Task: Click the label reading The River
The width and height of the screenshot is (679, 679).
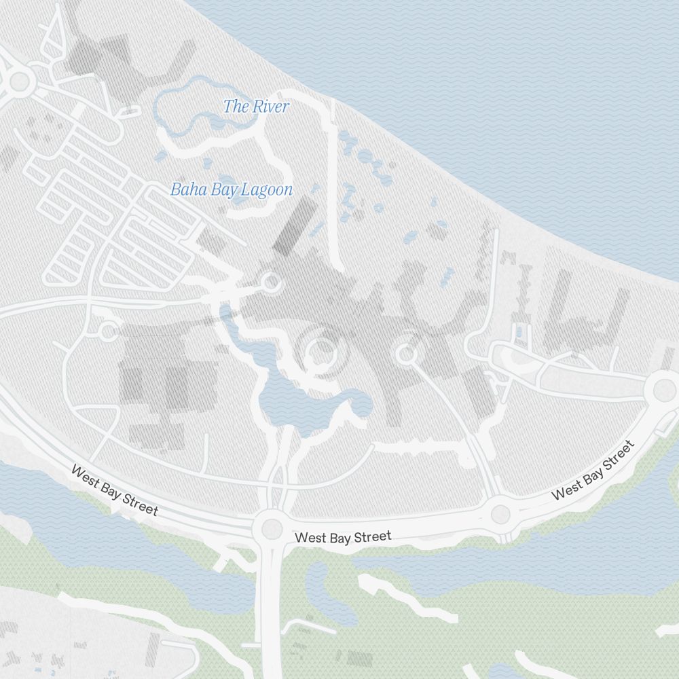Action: pyautogui.click(x=256, y=107)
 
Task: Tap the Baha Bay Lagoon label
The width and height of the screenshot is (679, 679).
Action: pyautogui.click(x=231, y=189)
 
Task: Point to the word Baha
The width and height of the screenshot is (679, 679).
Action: pyautogui.click(x=183, y=189)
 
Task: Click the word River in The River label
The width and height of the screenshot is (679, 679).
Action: pyautogui.click(x=271, y=107)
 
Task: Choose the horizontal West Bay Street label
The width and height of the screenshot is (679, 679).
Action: pyautogui.click(x=343, y=537)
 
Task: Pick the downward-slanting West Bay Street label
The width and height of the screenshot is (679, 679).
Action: pyautogui.click(x=114, y=490)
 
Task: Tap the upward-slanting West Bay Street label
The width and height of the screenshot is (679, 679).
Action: pyautogui.click(x=592, y=470)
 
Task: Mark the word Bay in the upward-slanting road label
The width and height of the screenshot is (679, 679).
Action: pyautogui.click(x=591, y=472)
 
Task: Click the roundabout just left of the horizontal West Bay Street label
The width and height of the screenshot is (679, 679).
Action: pyautogui.click(x=271, y=528)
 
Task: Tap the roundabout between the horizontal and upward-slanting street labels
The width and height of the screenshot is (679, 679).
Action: pyautogui.click(x=500, y=514)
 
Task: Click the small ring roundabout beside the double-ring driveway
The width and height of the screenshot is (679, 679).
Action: pyautogui.click(x=406, y=354)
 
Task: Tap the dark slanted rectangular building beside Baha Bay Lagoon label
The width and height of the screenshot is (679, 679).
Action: pyautogui.click(x=295, y=226)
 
